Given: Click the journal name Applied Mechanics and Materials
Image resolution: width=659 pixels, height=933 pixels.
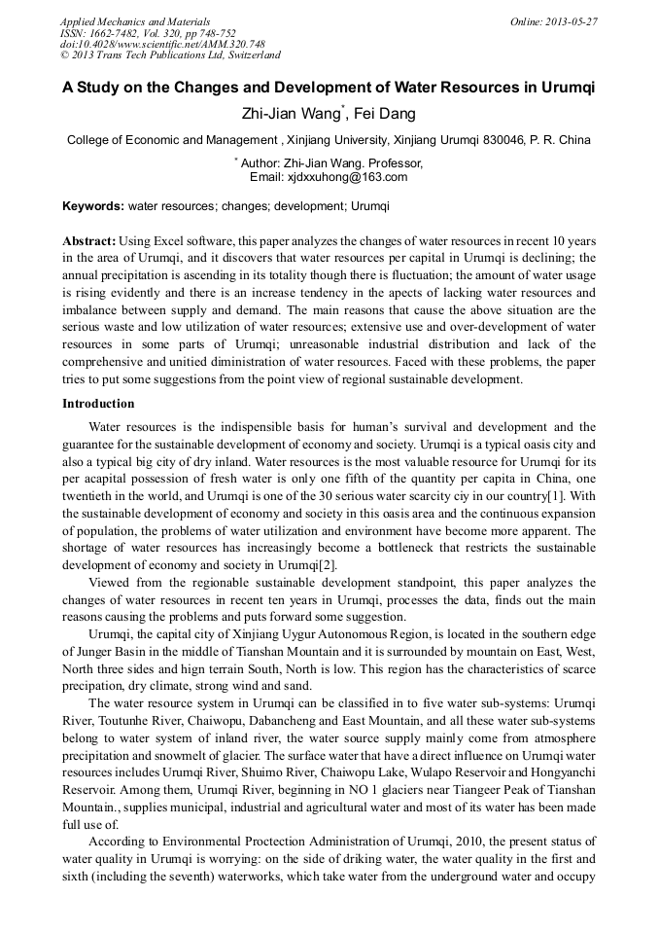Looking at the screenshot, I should point(134,21).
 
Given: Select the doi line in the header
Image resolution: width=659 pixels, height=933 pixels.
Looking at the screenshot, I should point(162,44).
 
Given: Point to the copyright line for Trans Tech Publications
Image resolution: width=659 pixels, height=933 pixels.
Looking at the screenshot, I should point(170,55).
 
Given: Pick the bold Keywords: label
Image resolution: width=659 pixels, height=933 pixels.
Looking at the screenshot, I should point(93,206).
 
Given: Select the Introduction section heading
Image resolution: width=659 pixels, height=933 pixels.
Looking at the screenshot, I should point(98,403).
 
